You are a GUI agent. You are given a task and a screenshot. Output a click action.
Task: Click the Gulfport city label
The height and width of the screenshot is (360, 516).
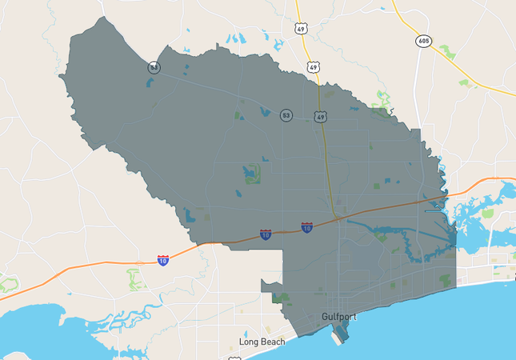(x=338, y=317)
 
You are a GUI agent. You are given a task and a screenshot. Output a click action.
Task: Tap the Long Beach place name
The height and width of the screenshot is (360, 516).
(x=262, y=342)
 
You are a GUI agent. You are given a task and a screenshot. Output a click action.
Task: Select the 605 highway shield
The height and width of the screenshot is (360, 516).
(x=422, y=40)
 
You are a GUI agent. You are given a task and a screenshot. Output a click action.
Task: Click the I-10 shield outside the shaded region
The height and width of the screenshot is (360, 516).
(x=162, y=260)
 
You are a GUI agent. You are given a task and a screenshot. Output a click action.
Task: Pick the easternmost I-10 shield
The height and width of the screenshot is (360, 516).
(x=306, y=228)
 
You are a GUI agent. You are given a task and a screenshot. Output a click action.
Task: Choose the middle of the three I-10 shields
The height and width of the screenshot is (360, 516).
(x=265, y=234)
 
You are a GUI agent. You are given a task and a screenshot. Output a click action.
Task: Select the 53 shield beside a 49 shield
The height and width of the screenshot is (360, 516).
(x=286, y=116)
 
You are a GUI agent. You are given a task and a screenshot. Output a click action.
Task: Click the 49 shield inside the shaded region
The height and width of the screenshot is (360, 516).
(x=321, y=116)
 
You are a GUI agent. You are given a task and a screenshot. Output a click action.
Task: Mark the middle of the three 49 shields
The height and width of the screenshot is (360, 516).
(x=314, y=67)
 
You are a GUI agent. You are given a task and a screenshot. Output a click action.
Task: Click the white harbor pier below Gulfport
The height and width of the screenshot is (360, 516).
(x=340, y=334)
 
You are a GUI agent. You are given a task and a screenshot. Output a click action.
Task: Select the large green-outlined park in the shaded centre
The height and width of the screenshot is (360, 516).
(x=251, y=172)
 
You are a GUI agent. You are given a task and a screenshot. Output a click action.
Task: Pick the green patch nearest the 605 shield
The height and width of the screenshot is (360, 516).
(x=446, y=53)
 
